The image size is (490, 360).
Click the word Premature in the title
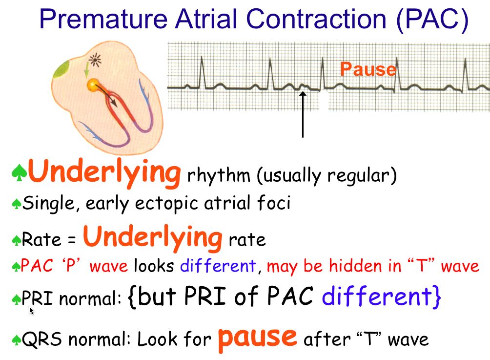click(104, 19)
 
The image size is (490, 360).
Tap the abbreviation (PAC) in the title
click(432, 20)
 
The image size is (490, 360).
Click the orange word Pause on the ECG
click(368, 69)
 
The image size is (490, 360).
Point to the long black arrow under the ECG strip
click(303, 114)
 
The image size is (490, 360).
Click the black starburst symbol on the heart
click(95, 60)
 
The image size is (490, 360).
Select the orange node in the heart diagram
click(93, 85)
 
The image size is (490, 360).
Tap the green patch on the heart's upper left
click(61, 69)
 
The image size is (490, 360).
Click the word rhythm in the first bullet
click(219, 175)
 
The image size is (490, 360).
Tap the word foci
click(274, 202)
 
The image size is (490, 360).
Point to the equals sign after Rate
click(72, 240)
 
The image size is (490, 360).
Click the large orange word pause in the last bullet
click(257, 339)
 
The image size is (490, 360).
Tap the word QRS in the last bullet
click(41, 339)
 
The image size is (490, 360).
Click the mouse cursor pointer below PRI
click(32, 310)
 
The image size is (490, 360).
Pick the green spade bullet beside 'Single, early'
click(16, 204)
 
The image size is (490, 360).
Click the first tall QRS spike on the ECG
click(202, 72)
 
